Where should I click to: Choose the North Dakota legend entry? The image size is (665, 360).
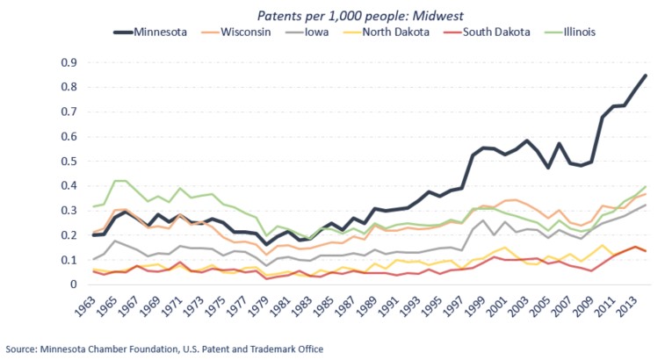397,32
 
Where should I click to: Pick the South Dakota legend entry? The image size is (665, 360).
497,32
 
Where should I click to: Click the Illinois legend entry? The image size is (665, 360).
581,32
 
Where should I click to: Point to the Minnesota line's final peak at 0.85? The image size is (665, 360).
647,76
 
